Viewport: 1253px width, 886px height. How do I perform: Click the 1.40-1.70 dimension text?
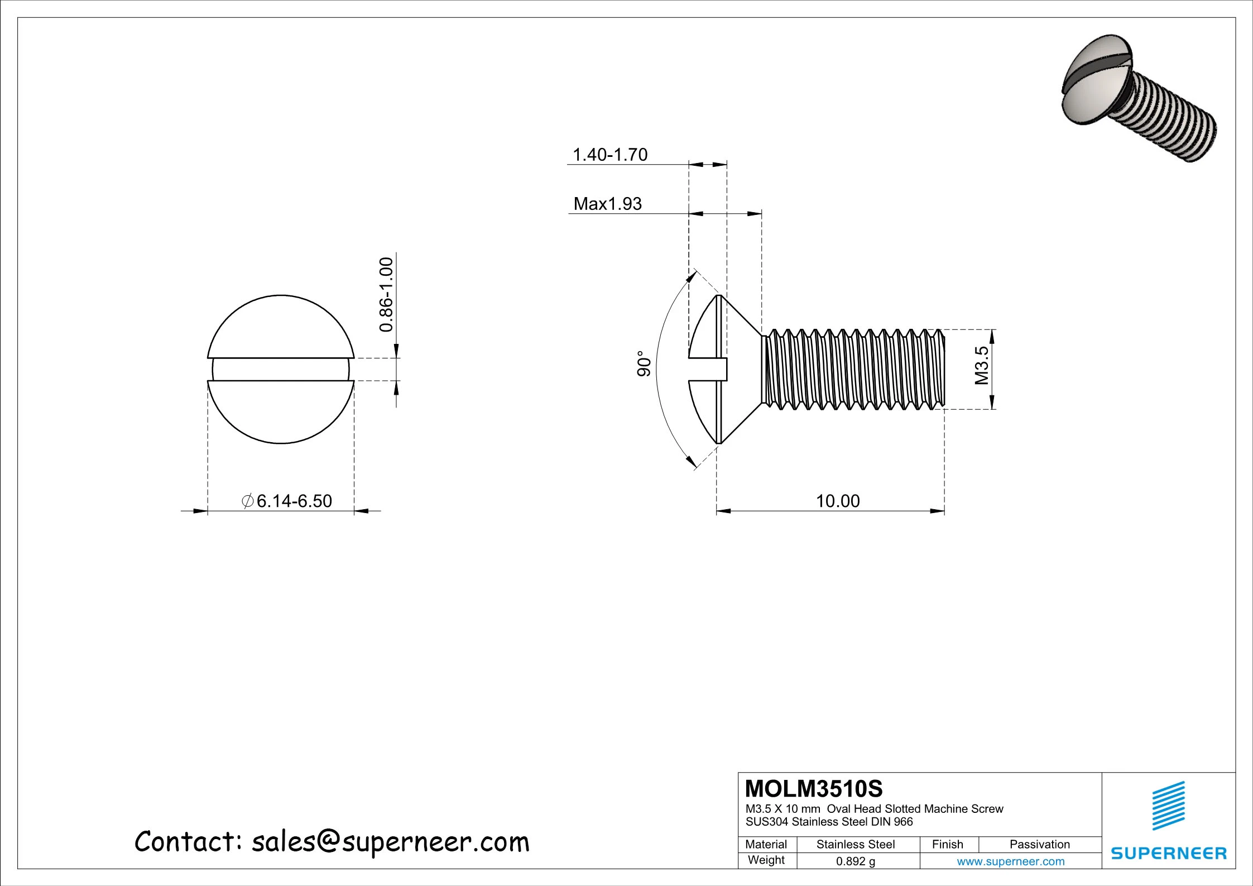coord(610,154)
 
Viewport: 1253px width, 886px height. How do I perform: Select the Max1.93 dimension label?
coord(607,204)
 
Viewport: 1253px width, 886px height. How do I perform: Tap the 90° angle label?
coord(644,363)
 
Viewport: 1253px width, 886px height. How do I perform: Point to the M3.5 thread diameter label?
coord(982,366)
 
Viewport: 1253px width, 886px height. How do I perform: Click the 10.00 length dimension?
coord(838,501)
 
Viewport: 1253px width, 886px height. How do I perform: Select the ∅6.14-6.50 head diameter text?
coord(287,501)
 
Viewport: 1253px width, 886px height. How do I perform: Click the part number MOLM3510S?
coord(814,789)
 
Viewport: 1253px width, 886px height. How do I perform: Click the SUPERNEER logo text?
coord(1169,854)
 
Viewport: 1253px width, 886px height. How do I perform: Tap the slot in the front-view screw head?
coord(281,369)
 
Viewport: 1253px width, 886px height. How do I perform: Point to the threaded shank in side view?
coord(854,368)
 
